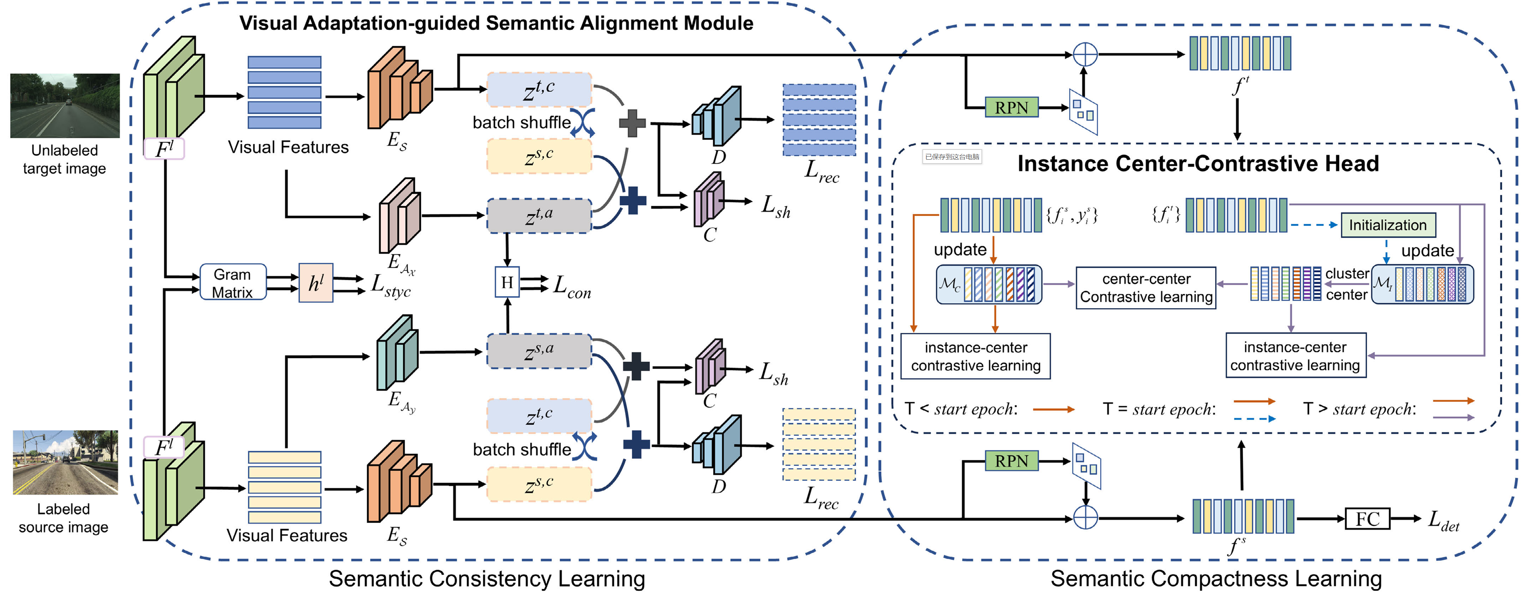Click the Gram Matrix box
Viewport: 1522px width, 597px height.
233,283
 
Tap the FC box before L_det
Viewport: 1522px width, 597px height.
1367,519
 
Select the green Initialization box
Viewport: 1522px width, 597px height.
1387,225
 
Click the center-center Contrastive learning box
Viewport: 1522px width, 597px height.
1146,287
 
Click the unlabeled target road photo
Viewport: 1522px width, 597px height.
65,105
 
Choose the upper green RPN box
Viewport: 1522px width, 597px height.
1012,108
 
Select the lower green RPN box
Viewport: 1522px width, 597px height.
1012,461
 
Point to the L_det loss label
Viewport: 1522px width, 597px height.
1443,521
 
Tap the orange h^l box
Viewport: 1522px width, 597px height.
316,283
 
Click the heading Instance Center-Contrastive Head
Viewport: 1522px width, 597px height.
1198,164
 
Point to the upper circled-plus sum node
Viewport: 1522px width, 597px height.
1085,54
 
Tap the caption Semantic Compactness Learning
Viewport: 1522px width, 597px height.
1216,579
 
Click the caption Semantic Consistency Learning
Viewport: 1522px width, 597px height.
487,579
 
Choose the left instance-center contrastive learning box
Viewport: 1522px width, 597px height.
976,356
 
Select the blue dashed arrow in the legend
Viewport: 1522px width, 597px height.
1254,419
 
